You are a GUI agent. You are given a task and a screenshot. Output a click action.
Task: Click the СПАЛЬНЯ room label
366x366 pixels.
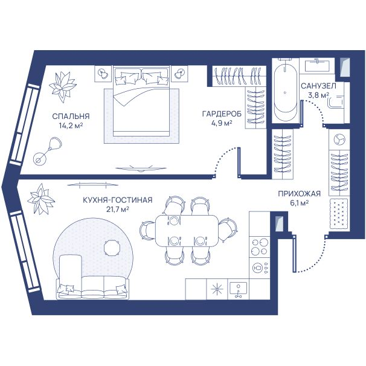pos(71,116)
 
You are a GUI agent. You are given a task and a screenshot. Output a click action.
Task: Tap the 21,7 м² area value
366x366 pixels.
pos(118,210)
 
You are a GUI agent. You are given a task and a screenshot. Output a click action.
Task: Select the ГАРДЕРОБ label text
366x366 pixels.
pos(222,114)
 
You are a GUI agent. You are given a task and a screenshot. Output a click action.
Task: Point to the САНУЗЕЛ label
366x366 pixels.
pos(318,86)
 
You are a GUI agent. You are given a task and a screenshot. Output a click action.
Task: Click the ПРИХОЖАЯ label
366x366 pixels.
pos(299,194)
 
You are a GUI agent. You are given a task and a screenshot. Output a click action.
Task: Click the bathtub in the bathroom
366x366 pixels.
pos(286,92)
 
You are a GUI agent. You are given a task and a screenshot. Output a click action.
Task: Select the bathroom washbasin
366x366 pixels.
pos(317,66)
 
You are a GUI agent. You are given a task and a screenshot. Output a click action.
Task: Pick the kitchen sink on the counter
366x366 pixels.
pos(238,289)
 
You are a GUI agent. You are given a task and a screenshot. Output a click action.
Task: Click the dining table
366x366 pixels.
pos(187,230)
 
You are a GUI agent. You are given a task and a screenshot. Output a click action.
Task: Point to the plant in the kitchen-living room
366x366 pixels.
pos(41,199)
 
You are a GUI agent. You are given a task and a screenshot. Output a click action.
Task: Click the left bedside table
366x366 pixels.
pos(103,74)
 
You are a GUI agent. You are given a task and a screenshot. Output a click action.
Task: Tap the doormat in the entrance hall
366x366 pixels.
pos(339,214)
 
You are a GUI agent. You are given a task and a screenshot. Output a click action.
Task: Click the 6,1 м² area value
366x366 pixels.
pos(299,203)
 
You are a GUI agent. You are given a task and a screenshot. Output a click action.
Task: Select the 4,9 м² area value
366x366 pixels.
pos(222,123)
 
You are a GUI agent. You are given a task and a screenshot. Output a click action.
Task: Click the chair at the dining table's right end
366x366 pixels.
pos(228,230)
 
